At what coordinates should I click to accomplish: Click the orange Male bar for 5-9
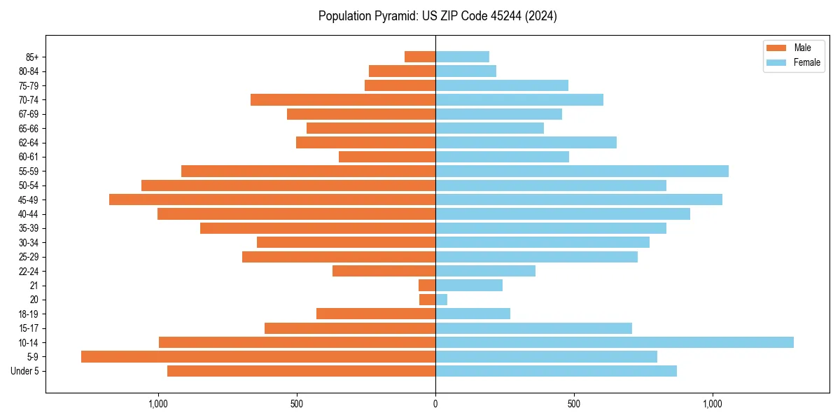coord(258,357)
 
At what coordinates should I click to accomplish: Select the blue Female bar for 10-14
coord(615,342)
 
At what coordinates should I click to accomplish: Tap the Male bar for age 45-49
coord(272,199)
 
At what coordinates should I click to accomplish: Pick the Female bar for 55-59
coord(582,171)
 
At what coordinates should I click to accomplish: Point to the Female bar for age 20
coord(442,300)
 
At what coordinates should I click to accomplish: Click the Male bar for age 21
coord(427,286)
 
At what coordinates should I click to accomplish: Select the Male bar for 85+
coord(420,57)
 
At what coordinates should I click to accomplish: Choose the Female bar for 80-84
coord(465,71)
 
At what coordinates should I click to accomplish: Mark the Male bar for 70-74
coord(343,99)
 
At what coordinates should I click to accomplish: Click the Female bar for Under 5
coord(556,371)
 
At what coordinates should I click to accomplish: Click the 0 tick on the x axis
coord(435,404)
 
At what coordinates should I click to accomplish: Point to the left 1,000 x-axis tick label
coord(158,404)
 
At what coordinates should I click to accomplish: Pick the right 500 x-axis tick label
coord(574,404)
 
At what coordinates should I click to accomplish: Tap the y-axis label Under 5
coord(25,371)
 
